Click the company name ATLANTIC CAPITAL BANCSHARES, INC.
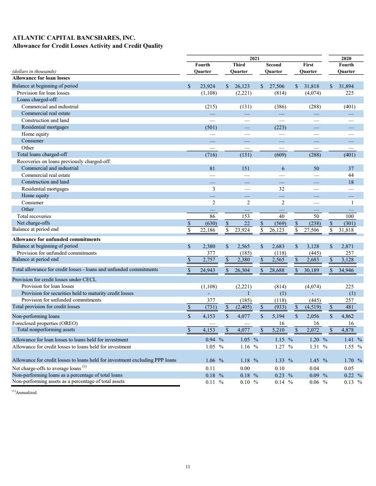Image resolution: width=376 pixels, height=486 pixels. tap(73, 38)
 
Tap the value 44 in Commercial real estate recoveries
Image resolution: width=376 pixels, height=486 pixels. tap(352, 175)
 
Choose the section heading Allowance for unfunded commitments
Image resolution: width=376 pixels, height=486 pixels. tap(56, 239)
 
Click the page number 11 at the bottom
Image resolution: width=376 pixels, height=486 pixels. tap(188, 466)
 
